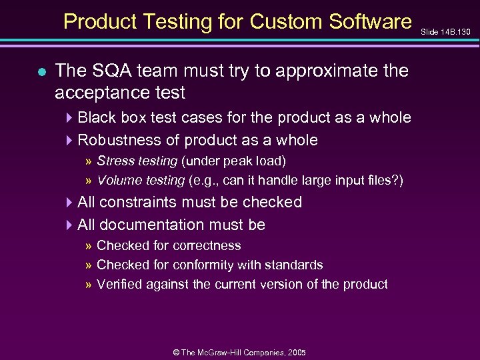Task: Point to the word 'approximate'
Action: (324, 70)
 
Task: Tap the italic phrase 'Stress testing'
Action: (137, 161)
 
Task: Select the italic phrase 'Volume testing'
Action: (140, 180)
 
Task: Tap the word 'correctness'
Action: (205, 245)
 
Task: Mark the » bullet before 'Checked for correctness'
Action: (89, 246)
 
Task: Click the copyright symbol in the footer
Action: (175, 351)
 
